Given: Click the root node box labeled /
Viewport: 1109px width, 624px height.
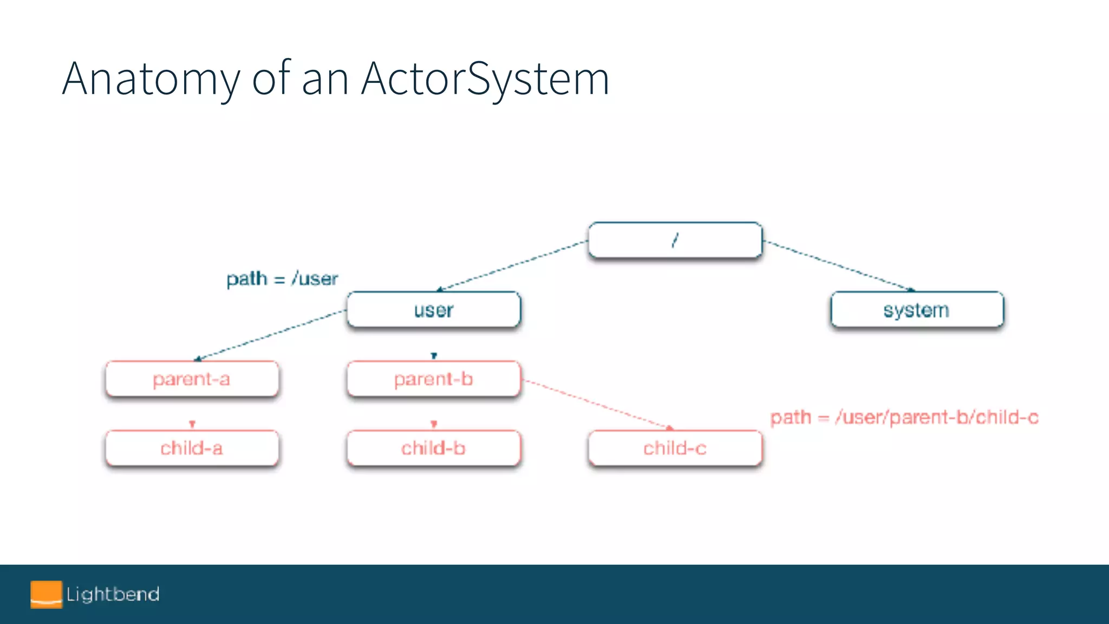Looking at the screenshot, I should tap(675, 240).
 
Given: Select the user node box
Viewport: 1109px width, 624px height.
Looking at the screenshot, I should tap(433, 310).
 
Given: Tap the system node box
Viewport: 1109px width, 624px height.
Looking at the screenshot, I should tap(917, 310).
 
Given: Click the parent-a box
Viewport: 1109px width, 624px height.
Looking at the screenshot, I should tap(192, 379).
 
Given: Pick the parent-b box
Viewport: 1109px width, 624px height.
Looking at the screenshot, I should tap(433, 379).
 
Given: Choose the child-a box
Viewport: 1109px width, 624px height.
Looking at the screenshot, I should tap(192, 448).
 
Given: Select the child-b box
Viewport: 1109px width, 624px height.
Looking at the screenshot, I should tap(433, 448).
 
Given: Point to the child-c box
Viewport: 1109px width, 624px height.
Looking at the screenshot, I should tap(675, 448).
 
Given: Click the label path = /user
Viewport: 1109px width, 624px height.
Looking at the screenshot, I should tap(282, 279).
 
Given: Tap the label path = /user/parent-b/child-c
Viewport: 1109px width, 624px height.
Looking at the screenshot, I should tap(904, 418).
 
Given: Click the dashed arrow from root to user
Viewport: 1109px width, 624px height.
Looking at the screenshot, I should tap(512, 265).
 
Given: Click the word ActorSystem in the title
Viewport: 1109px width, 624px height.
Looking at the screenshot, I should tap(485, 79).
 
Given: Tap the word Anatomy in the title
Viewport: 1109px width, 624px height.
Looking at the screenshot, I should tap(151, 79).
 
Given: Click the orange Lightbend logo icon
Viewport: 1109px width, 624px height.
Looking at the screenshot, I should tap(46, 594).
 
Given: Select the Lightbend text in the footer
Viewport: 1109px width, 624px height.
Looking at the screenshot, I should tap(113, 594).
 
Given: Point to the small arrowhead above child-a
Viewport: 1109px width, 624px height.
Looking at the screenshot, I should tap(192, 424).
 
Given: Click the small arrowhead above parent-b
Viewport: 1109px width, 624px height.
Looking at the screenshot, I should tap(434, 355).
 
